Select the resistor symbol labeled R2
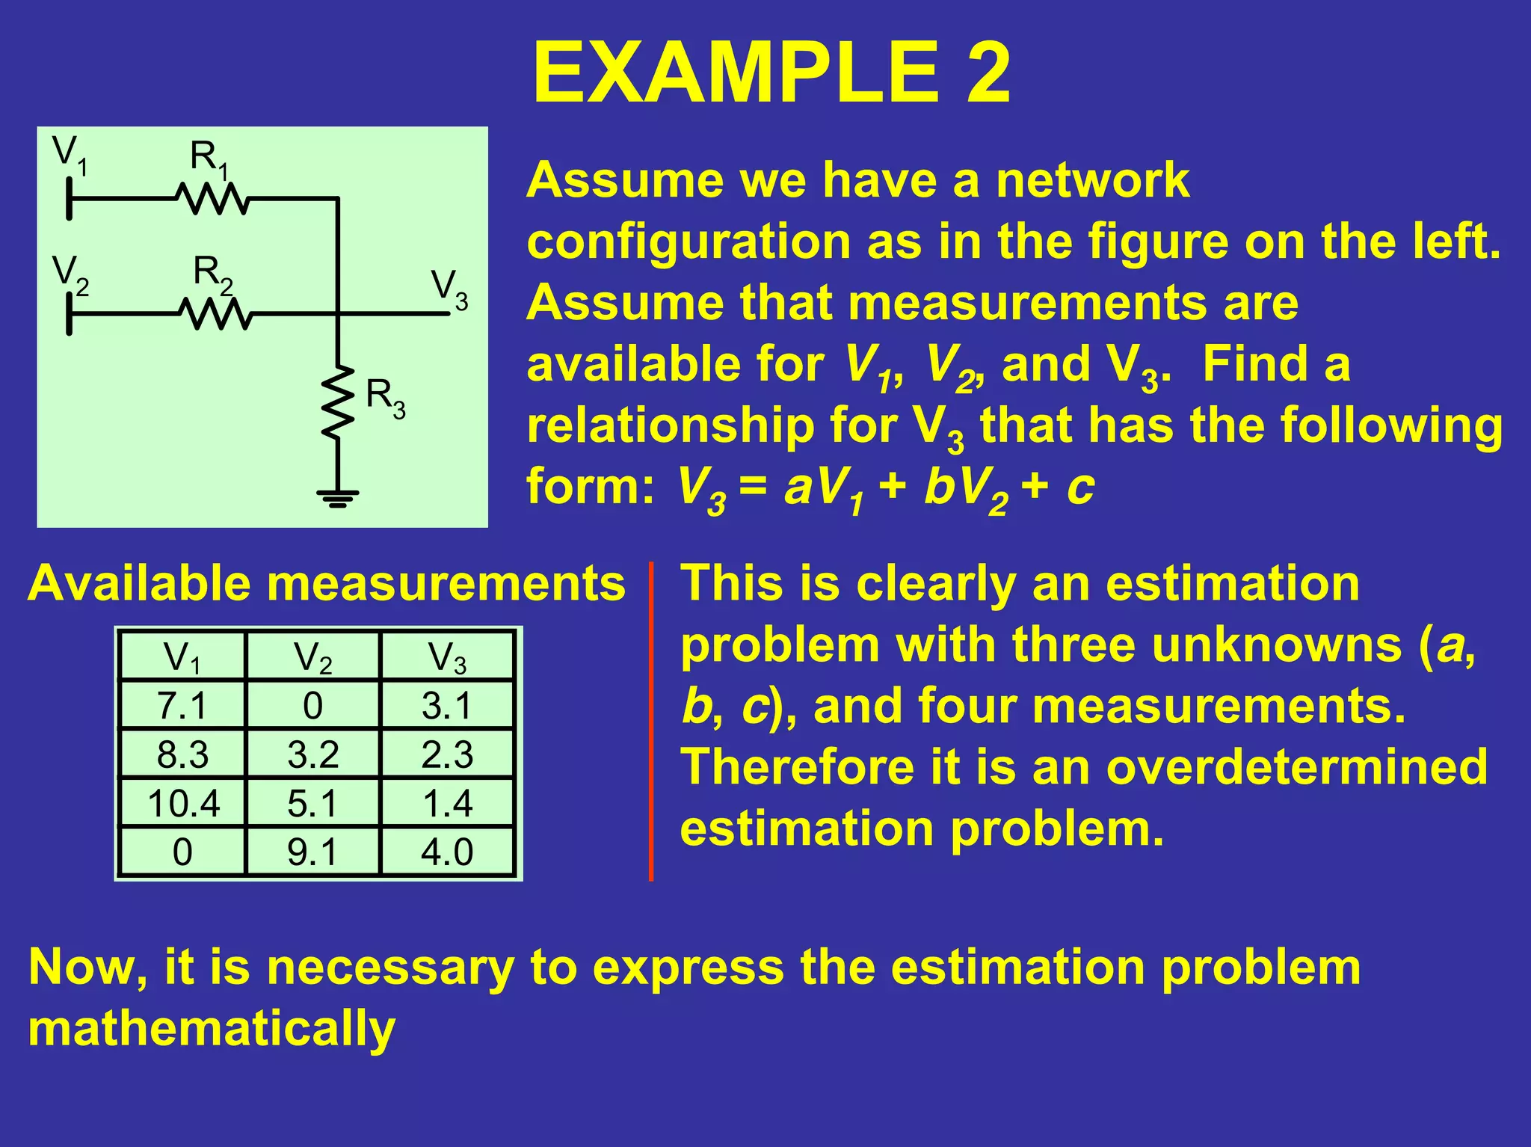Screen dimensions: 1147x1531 tap(215, 314)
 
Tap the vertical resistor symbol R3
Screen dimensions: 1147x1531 tap(338, 402)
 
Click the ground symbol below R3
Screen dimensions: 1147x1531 tap(338, 497)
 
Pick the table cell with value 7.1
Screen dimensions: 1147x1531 tap(182, 705)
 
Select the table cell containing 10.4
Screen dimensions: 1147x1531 tap(183, 804)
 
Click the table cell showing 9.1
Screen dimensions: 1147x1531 tap(312, 852)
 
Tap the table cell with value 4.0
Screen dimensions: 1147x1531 tap(447, 852)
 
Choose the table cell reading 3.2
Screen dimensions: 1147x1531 tap(312, 754)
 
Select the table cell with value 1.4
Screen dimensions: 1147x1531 tap(447, 804)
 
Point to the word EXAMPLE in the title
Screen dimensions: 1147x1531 tap(736, 73)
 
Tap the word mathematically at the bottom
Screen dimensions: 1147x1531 tap(212, 1029)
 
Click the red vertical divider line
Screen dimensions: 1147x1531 tap(651, 722)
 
